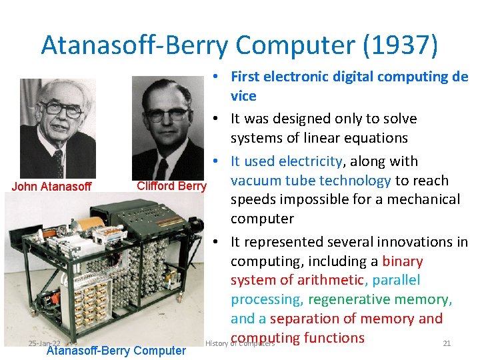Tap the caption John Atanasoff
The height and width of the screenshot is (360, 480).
click(51, 187)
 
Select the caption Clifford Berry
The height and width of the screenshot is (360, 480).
click(171, 186)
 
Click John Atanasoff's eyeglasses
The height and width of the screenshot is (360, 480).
click(61, 109)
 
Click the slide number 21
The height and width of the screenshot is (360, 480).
click(447, 343)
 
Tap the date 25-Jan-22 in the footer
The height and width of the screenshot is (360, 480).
click(44, 343)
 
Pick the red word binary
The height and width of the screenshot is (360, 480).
click(403, 261)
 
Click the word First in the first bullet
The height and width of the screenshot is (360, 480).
click(249, 77)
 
